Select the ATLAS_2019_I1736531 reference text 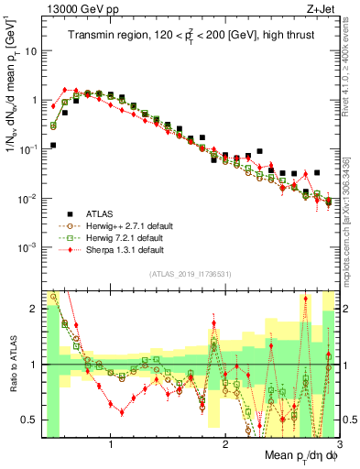(191, 274)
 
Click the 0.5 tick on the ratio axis (31, 420)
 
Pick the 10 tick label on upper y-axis (29, 50)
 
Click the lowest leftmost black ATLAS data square (53, 145)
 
